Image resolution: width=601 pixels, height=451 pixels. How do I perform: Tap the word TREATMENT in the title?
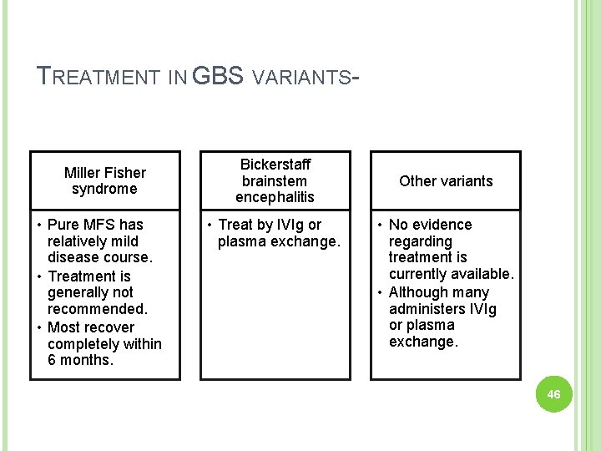(98, 78)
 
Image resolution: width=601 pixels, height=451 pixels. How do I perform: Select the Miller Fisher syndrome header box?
(105, 180)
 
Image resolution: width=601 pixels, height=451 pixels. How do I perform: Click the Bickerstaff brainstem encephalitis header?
(275, 180)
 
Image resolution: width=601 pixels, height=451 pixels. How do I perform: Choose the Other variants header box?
(446, 180)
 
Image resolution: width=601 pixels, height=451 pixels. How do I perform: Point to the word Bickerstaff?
(275, 165)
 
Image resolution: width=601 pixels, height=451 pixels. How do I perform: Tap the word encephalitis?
(275, 197)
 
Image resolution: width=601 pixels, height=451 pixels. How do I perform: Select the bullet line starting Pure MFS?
(94, 225)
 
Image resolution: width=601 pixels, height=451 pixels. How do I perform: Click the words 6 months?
(79, 360)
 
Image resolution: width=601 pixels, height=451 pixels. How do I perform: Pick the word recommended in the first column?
(97, 309)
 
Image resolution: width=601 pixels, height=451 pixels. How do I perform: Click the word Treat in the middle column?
(235, 225)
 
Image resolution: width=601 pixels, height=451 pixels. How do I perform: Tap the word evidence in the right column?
(442, 225)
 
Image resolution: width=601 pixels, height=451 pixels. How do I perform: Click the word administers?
(427, 309)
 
